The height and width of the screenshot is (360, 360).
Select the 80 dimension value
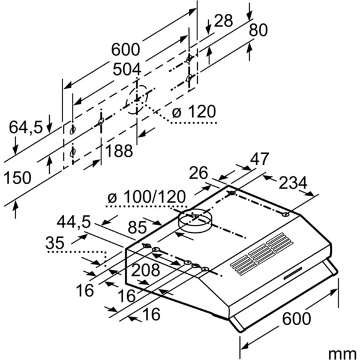(258, 29)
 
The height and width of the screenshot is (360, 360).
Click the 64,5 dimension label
(25, 127)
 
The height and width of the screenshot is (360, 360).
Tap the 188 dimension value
(119, 151)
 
